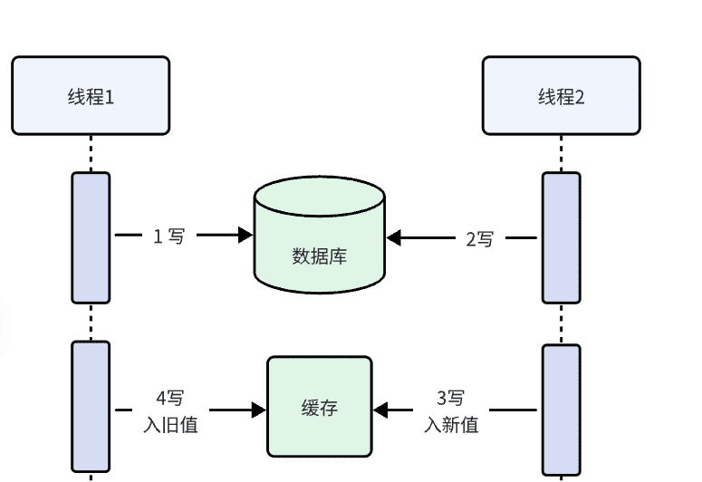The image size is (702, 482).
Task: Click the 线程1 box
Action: [91, 95]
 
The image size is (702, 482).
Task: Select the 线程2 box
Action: [561, 95]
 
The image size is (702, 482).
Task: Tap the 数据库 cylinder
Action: [319, 240]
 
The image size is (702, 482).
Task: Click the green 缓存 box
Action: [319, 407]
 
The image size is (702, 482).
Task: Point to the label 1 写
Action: [168, 236]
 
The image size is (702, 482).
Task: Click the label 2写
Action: [480, 239]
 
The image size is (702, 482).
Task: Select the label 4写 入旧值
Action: [170, 411]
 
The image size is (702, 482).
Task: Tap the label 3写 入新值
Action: [451, 411]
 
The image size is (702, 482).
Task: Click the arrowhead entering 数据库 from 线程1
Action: [245, 236]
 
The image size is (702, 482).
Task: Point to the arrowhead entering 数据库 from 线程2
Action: [394, 238]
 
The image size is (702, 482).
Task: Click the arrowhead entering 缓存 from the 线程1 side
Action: [259, 410]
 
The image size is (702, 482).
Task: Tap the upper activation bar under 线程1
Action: [91, 237]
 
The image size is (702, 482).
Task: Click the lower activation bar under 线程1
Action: [91, 407]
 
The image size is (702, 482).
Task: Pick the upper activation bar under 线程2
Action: [561, 237]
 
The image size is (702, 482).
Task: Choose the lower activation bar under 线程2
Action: [561, 409]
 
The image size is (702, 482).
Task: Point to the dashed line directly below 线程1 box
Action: [91, 153]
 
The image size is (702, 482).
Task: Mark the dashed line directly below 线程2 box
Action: [561, 153]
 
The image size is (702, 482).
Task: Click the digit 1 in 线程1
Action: [110, 96]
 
